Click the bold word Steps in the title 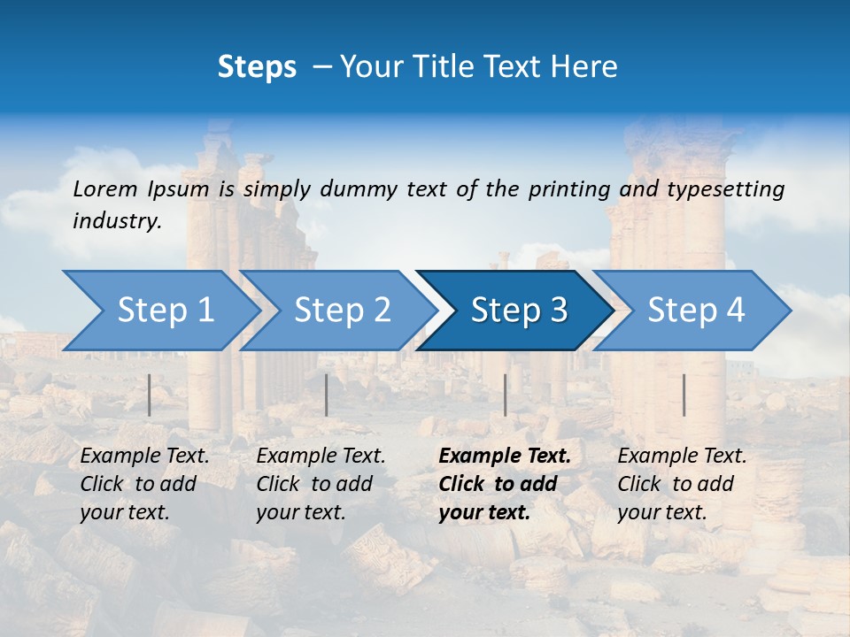click(x=257, y=66)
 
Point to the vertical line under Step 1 click(x=150, y=395)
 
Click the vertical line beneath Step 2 click(x=327, y=395)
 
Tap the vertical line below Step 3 click(x=506, y=395)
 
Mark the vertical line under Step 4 click(x=684, y=395)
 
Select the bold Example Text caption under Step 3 click(x=505, y=484)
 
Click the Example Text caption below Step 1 click(x=144, y=484)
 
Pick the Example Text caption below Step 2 click(x=321, y=484)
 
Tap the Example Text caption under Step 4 click(x=682, y=484)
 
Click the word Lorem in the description click(x=105, y=188)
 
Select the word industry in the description click(x=116, y=221)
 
